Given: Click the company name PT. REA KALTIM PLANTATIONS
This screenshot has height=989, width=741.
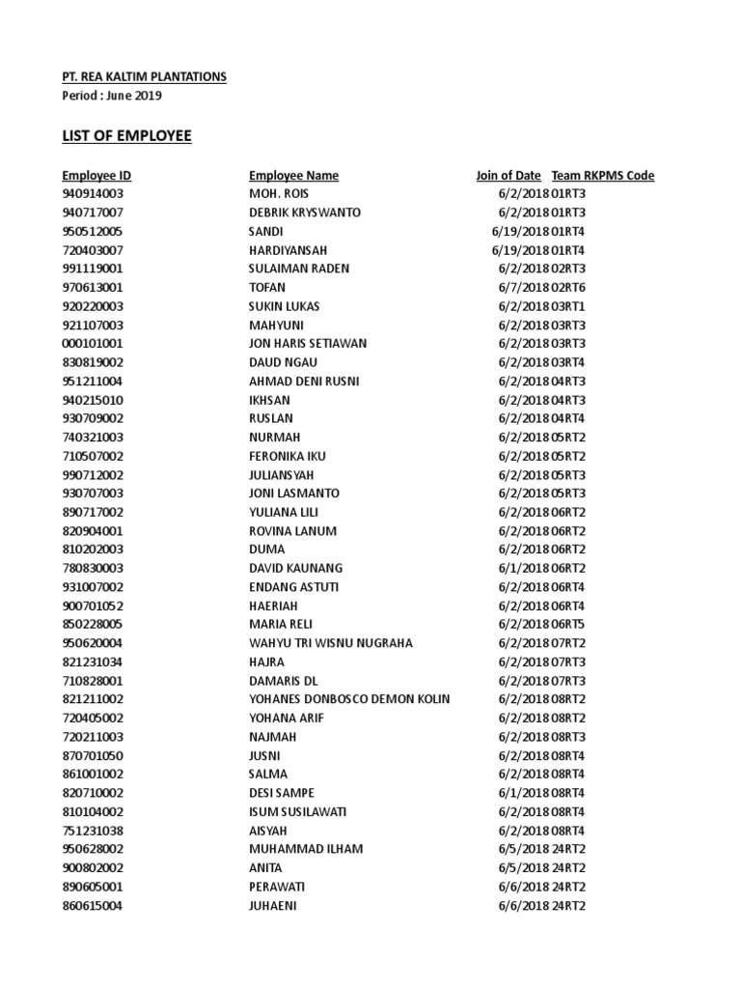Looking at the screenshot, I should click(x=145, y=76).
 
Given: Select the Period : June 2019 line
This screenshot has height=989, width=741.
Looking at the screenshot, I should click(x=112, y=96).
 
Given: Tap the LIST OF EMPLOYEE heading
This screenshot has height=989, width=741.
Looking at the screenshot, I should click(x=126, y=136).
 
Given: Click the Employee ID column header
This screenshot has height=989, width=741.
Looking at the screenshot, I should click(x=96, y=176).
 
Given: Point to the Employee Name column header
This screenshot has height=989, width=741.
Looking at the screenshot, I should click(x=293, y=176).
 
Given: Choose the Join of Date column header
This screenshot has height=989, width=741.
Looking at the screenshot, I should click(x=508, y=176).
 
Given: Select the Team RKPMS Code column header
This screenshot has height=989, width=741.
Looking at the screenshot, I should click(x=603, y=176).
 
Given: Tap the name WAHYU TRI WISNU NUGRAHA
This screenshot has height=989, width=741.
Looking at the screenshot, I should click(x=331, y=643).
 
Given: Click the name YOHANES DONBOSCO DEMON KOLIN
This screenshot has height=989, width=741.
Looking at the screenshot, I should click(x=349, y=699).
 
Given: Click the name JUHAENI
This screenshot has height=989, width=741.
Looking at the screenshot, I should click(x=273, y=906).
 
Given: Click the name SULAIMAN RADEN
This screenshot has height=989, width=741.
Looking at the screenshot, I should click(x=299, y=268).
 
